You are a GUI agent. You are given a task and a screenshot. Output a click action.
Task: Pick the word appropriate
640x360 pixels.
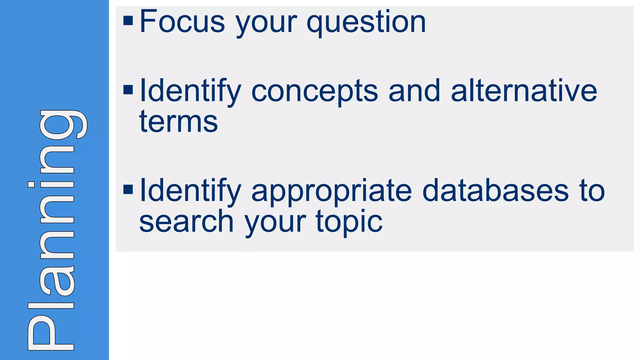point(332,191)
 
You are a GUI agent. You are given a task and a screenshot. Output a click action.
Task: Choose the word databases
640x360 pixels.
point(495,191)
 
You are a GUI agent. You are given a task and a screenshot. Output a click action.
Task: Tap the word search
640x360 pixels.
point(186,221)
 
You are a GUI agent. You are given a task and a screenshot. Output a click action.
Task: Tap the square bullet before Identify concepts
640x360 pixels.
point(128,90)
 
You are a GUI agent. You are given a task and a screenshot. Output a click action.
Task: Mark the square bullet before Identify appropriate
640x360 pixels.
point(128,189)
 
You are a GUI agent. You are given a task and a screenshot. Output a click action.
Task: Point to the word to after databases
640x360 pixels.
point(592,191)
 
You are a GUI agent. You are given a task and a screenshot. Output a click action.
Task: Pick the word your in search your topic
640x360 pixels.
point(275,222)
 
